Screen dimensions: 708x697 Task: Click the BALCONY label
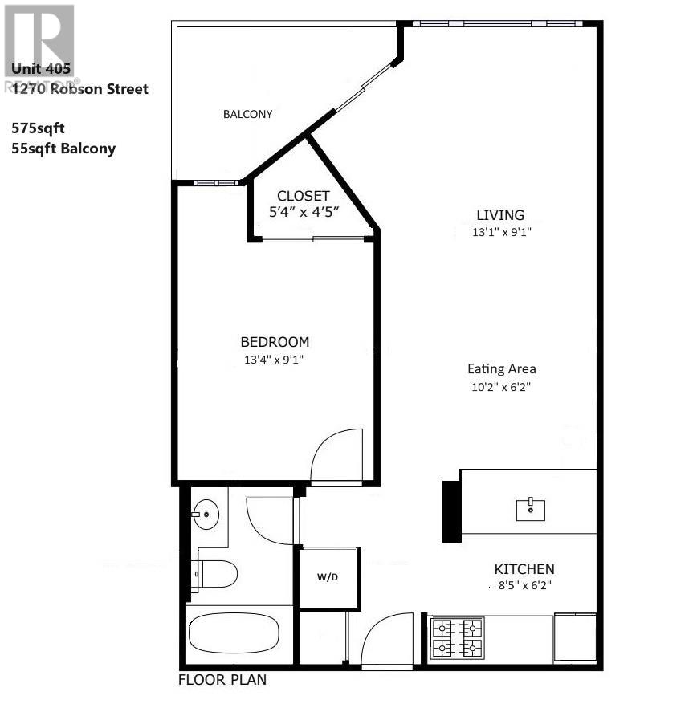tap(247, 114)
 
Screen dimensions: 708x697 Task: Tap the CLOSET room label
tap(303, 196)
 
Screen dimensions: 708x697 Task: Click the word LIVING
tap(500, 215)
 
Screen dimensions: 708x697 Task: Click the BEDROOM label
tap(275, 342)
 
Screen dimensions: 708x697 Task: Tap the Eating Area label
tap(502, 369)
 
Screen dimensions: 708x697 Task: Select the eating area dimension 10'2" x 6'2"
tap(502, 386)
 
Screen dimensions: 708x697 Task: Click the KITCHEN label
tap(524, 568)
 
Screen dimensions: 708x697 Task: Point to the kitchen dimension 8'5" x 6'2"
tap(523, 586)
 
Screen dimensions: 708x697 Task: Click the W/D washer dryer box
tap(328, 576)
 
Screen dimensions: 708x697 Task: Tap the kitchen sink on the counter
tap(531, 508)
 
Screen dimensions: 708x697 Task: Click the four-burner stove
tap(458, 637)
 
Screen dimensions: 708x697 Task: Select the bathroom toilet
tap(217, 573)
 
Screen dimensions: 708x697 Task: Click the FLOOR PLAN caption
tap(222, 681)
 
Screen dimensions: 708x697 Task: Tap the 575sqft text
tap(39, 128)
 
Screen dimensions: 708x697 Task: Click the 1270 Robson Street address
tap(80, 89)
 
